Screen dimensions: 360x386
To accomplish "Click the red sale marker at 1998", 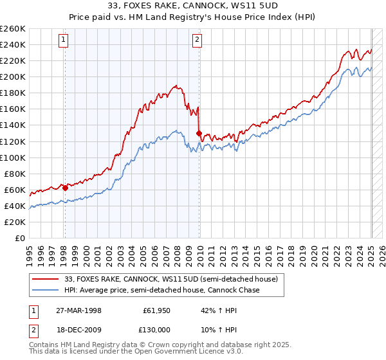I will click(x=65, y=188).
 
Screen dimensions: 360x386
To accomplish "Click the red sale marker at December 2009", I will click(x=199, y=133).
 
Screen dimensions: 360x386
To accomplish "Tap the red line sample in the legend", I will click(x=46, y=279).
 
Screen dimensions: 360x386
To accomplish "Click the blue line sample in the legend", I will click(x=46, y=291).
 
